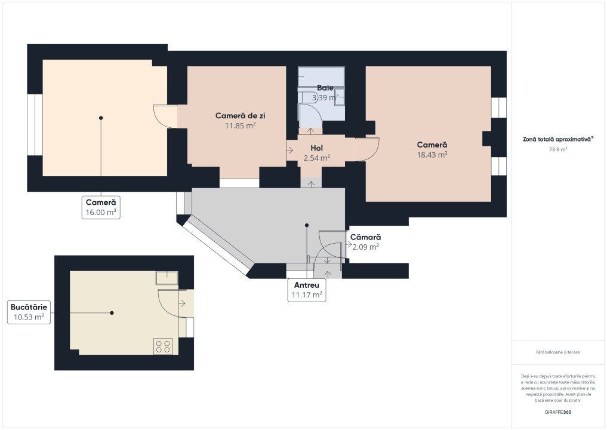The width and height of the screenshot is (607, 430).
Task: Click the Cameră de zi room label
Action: pyautogui.click(x=240, y=115)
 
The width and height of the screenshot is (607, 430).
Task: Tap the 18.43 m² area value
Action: pyautogui.click(x=432, y=155)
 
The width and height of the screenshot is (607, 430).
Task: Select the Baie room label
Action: pyautogui.click(x=325, y=88)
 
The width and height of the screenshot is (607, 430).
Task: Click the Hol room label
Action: pyautogui.click(x=317, y=148)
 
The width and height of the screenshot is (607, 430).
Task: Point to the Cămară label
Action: pyautogui.click(x=365, y=237)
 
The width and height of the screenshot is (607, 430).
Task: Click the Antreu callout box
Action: pyautogui.click(x=307, y=290)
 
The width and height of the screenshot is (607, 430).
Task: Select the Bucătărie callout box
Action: pyautogui.click(x=29, y=312)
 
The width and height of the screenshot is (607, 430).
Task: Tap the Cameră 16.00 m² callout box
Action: pyautogui.click(x=101, y=207)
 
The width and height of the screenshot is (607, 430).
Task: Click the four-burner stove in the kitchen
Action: pyautogui.click(x=163, y=346)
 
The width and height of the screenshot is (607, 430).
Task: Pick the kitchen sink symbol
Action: pyautogui.click(x=167, y=278)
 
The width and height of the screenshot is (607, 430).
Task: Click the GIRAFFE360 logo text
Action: pyautogui.click(x=558, y=412)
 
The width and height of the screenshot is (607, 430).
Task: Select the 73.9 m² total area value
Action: pyautogui.click(x=558, y=149)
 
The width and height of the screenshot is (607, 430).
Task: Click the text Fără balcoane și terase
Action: pyautogui.click(x=558, y=352)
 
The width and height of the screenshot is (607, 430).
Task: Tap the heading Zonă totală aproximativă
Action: pyautogui.click(x=557, y=139)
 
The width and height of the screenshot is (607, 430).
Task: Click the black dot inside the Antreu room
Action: pyautogui.click(x=307, y=225)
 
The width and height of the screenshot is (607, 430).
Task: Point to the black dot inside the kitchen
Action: pyautogui.click(x=112, y=312)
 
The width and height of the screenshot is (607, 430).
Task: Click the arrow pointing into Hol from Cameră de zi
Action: pyautogui.click(x=290, y=150)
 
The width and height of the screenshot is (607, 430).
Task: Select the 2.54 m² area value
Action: pyautogui.click(x=317, y=158)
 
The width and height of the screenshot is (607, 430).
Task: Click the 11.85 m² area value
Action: pyautogui.click(x=240, y=125)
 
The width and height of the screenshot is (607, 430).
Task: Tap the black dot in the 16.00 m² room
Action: pyautogui.click(x=101, y=118)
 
